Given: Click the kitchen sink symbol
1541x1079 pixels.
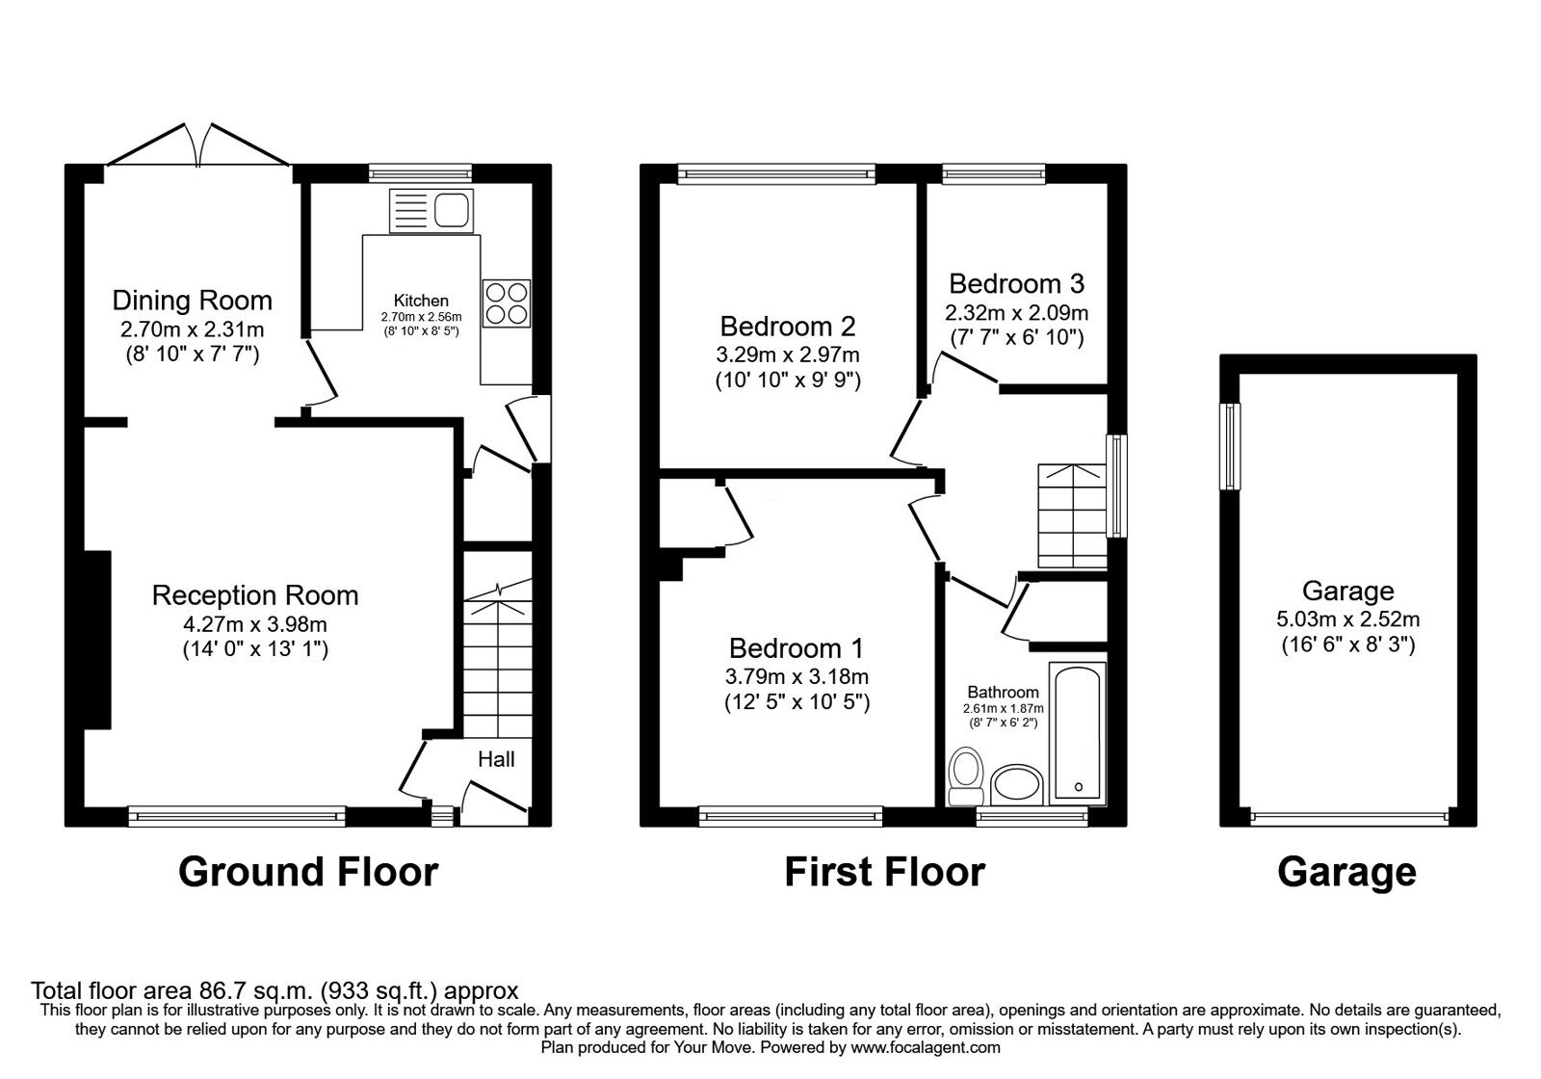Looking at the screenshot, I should click(433, 210).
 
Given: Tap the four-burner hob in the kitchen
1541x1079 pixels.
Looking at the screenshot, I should click(506, 303).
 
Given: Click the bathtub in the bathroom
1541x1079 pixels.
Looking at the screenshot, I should click(1078, 729).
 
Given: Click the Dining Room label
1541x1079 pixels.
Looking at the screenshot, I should click(192, 301).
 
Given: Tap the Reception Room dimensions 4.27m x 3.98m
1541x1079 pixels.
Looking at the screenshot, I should click(255, 622).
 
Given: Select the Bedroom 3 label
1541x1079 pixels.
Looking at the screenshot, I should click(1016, 283).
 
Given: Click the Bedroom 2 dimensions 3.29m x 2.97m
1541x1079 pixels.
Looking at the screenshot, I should click(787, 354).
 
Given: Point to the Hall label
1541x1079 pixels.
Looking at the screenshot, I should click(496, 759).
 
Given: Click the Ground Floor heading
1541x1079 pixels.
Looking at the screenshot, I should click(308, 872).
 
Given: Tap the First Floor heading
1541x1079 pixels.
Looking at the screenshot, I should click(884, 872).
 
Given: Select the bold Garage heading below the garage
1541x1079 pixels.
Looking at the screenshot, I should click(1346, 872).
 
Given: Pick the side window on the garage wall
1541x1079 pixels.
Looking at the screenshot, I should click(1230, 446).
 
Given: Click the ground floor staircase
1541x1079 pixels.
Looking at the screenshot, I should click(498, 655).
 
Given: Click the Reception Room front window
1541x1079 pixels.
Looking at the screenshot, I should click(237, 816).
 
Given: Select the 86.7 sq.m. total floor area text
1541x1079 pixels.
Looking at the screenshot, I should click(274, 990).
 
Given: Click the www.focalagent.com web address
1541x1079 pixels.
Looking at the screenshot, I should click(926, 1047).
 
